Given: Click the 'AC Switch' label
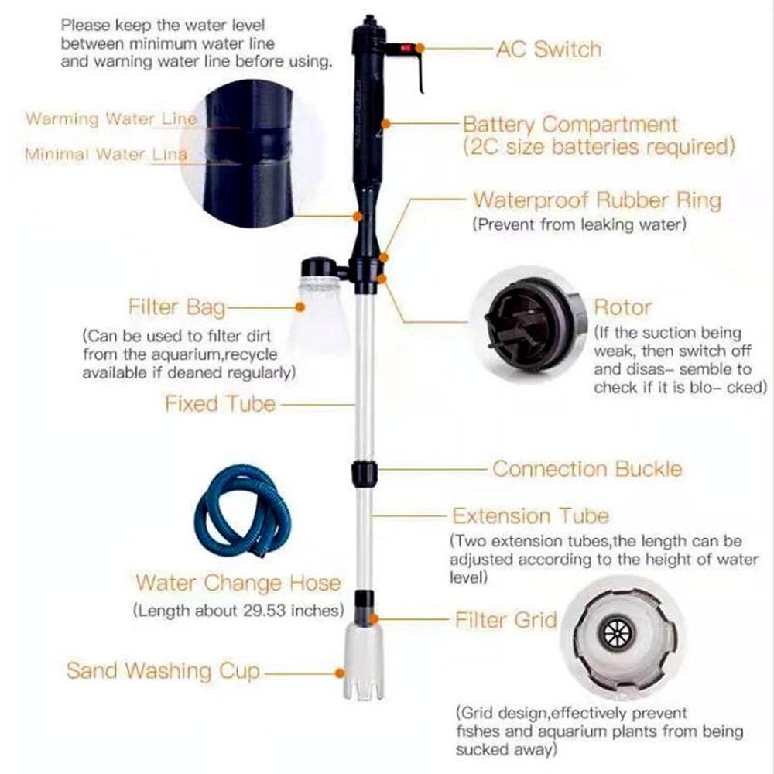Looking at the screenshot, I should coord(548,50).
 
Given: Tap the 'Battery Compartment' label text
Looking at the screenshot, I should coord(570,124).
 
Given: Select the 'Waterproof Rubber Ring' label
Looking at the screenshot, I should coord(597,200).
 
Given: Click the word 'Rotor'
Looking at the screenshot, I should coord(622,307).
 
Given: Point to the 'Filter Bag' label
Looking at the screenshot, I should coord(176,307).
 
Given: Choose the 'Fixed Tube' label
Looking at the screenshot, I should coord(220,403).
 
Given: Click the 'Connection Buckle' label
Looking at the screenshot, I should coord(587,469).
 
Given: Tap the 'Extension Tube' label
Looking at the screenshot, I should coord(530,516).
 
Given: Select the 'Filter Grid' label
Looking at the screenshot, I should coord(505,620).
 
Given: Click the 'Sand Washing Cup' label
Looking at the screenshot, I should coord(163,670).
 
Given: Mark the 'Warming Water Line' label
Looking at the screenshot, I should coord(111,119).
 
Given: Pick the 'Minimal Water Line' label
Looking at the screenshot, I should coord(105,154).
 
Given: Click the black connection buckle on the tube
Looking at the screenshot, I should coord(363,471).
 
